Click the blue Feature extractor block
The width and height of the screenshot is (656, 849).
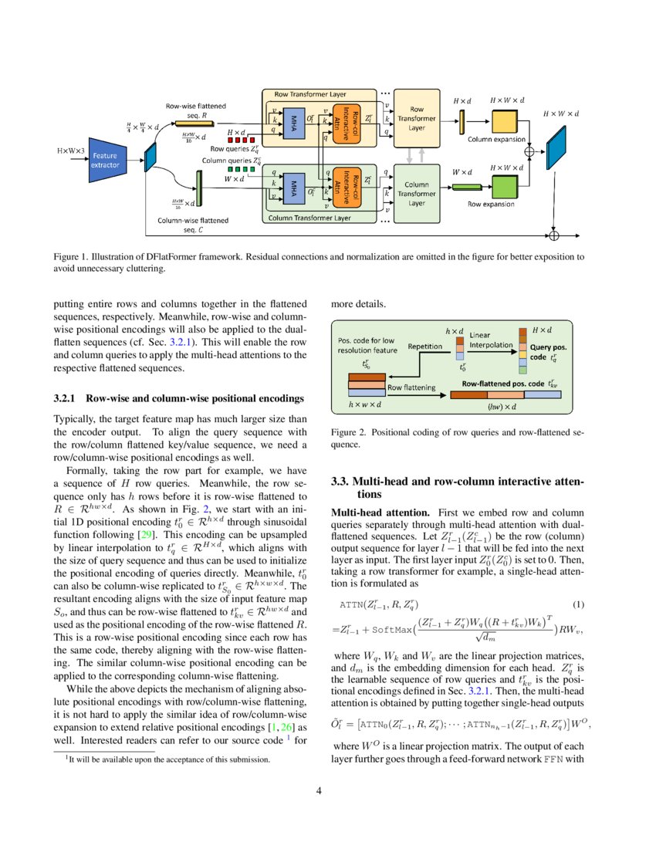click(107, 161)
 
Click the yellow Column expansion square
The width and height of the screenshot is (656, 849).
click(503, 123)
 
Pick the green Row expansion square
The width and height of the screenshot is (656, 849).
click(503, 187)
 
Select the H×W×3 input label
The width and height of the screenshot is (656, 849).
click(72, 149)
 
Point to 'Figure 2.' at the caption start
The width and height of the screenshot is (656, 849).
click(348, 433)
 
